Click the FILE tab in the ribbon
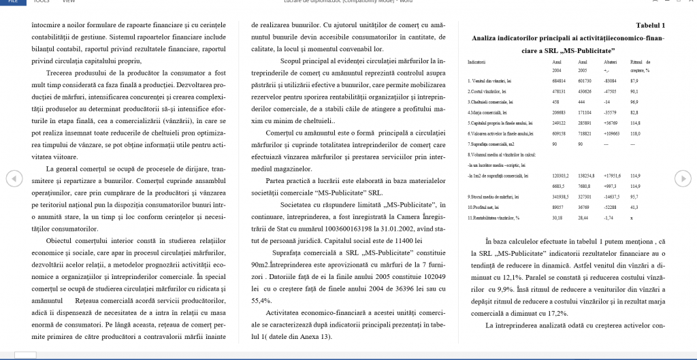coord(12,3)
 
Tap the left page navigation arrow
coord(12,178)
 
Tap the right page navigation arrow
coord(681,178)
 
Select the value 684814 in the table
coord(559,80)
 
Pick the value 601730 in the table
coord(585,80)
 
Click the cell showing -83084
coord(611,80)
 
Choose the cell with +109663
coord(613,133)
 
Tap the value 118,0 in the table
coord(636,133)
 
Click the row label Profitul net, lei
coord(485,206)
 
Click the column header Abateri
coord(610,62)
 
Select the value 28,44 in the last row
coord(583,217)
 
